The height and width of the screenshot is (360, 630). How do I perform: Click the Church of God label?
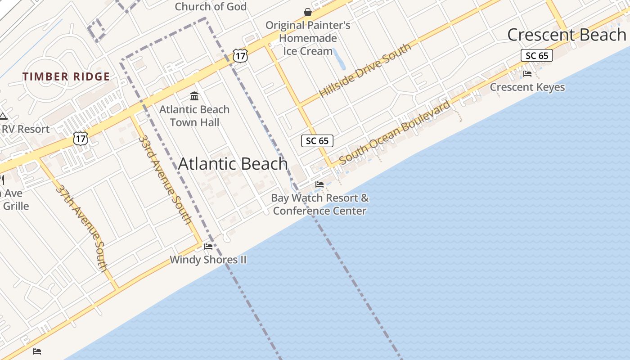coord(211,6)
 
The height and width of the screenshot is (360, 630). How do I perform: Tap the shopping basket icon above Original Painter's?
coord(308,12)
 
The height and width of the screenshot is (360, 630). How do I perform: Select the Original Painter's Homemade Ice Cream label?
coord(308,38)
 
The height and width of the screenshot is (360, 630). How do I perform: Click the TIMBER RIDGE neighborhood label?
coord(67,76)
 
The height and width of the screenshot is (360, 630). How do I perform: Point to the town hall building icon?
coord(194,96)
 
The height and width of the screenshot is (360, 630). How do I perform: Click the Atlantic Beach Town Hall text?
coord(194,116)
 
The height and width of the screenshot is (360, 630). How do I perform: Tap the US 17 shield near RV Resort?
coord(80,138)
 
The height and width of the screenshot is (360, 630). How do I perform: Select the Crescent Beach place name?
coord(567,35)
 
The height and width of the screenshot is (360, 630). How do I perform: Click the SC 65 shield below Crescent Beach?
coord(536,55)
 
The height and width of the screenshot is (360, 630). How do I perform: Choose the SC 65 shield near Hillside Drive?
coord(317,141)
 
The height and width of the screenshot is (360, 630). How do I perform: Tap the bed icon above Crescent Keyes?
coord(527,73)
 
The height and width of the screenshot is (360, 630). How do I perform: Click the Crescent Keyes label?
coord(527,87)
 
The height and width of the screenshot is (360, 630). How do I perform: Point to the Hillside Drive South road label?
coord(365,70)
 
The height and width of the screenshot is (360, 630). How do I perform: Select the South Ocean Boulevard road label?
coord(395,132)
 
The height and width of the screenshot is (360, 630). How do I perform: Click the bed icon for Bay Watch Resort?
coord(319,184)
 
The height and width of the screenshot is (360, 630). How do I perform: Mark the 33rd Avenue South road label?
coord(165,179)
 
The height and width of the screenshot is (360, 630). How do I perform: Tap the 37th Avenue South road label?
coord(82,228)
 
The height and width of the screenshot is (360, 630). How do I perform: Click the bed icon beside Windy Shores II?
coord(208,246)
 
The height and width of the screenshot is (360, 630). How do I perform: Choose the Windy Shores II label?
coord(208,260)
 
